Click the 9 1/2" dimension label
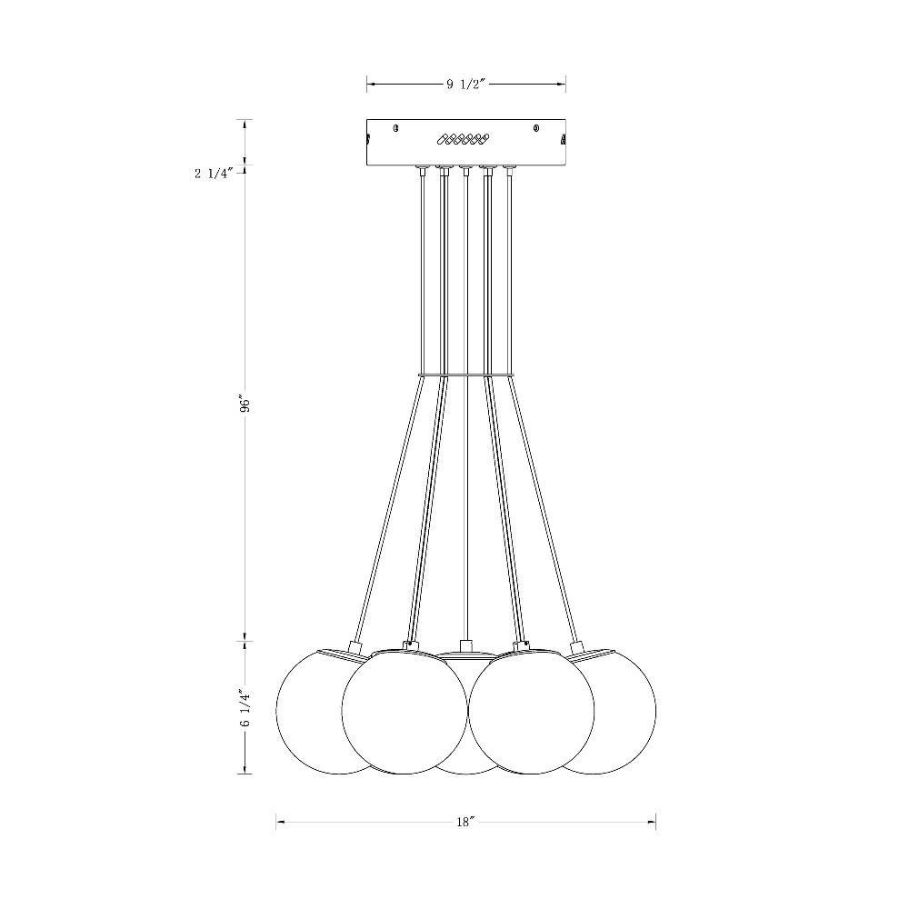(x=465, y=84)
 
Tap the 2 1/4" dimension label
(x=215, y=174)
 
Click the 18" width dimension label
(x=465, y=822)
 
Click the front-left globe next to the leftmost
(x=405, y=712)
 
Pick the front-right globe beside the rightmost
(x=531, y=712)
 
